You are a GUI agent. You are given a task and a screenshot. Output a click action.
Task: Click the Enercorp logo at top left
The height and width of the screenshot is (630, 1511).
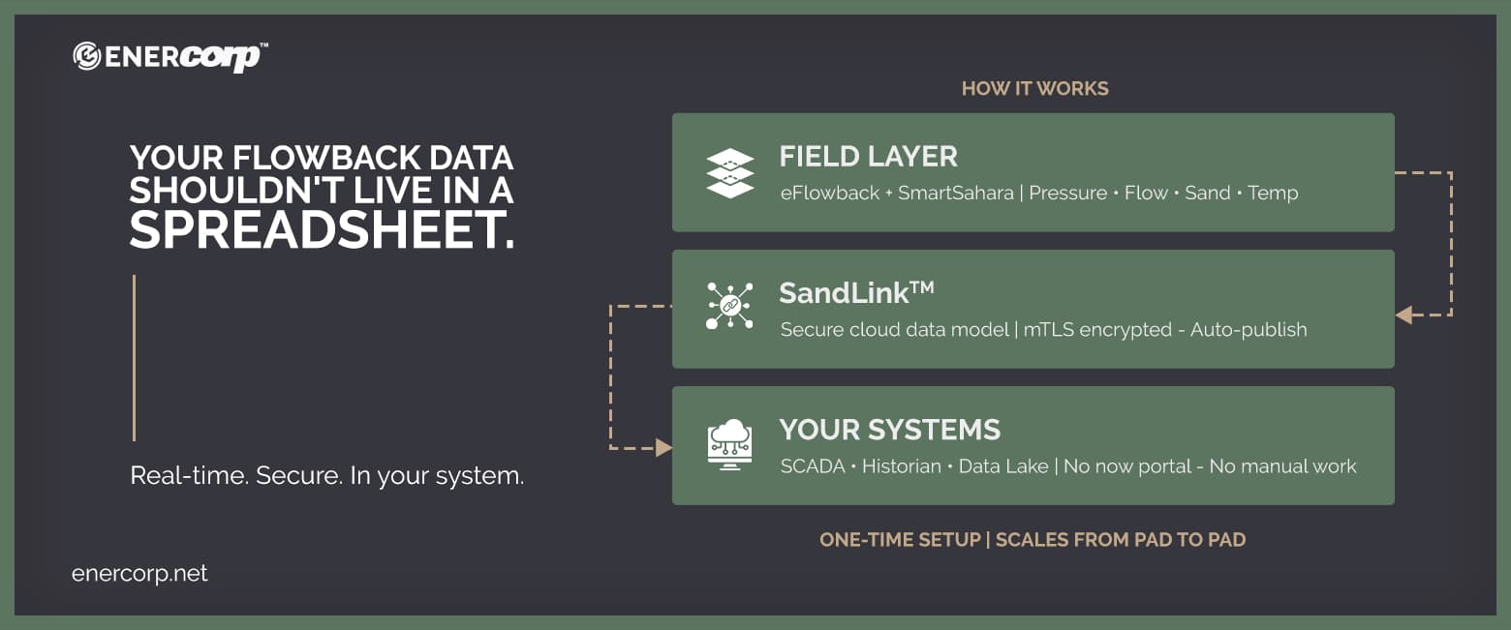(170, 56)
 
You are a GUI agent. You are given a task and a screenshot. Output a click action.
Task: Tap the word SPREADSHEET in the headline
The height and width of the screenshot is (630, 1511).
(322, 230)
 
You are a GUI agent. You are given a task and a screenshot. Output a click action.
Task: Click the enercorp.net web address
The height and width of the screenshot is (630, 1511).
(139, 573)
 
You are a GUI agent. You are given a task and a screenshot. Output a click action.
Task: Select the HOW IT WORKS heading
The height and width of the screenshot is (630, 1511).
(1034, 89)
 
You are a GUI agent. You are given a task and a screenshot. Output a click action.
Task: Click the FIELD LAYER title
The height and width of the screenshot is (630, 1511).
(868, 156)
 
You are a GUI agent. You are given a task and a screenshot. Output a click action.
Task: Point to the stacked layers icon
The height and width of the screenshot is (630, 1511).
(729, 173)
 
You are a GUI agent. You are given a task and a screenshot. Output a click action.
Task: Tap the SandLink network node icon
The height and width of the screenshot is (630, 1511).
(729, 306)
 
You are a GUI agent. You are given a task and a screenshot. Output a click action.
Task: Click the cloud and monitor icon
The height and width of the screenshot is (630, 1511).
(729, 445)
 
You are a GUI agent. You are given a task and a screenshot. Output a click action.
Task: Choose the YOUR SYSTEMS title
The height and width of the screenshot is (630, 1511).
(889, 430)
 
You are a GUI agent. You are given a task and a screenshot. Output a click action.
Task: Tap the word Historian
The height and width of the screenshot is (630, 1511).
(901, 466)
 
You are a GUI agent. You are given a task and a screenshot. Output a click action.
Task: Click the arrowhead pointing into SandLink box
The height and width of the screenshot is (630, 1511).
(1403, 315)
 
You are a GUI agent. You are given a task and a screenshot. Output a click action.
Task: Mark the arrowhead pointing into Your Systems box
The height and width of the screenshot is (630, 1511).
(663, 447)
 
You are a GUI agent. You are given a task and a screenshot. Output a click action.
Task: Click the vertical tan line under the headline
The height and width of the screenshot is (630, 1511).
(134, 358)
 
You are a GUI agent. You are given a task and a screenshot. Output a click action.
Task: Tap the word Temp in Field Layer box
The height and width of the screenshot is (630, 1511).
(1273, 193)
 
